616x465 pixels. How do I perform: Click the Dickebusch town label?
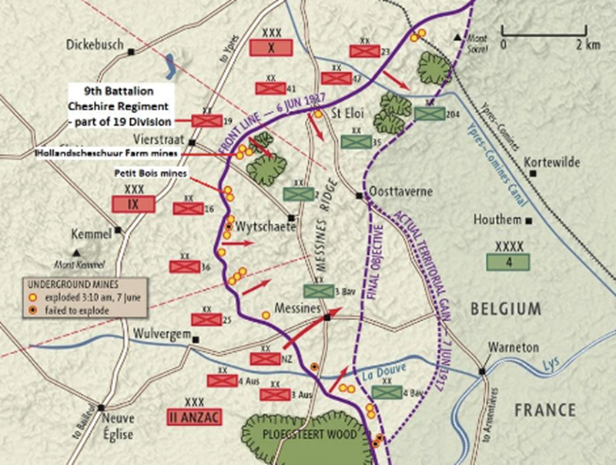coord(95,44)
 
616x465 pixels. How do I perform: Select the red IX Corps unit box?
coord(134,203)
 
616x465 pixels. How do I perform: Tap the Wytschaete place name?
coord(262,228)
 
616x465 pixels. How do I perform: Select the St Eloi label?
coord(346,113)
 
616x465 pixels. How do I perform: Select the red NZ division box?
coord(266,359)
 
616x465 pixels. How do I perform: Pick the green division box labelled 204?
coord(429,112)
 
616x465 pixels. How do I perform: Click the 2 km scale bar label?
coord(587,45)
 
